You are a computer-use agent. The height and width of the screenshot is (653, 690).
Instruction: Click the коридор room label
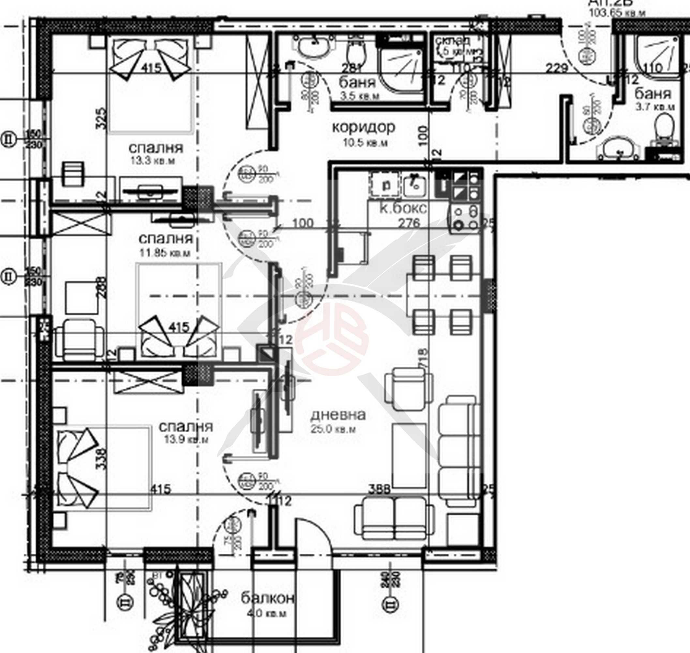364,127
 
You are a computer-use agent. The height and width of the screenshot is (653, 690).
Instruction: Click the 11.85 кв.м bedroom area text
165,252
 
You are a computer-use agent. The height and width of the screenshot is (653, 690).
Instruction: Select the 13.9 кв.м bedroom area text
186,439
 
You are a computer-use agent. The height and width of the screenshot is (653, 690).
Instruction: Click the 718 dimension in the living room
424,358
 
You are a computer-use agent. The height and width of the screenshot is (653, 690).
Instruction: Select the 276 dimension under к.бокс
409,222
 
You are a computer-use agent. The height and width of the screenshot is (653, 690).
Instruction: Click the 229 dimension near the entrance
556,68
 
